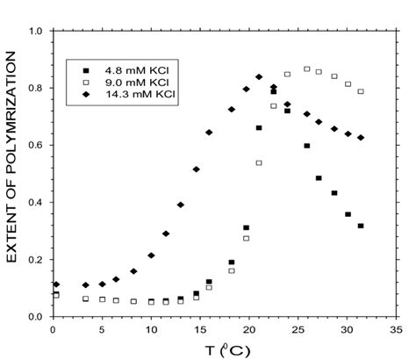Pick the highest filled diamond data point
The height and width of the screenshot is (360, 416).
(x=259, y=77)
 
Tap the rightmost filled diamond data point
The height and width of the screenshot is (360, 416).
(x=361, y=138)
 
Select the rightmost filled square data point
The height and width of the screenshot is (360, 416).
(x=361, y=226)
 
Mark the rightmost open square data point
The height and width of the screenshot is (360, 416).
(x=361, y=91)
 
